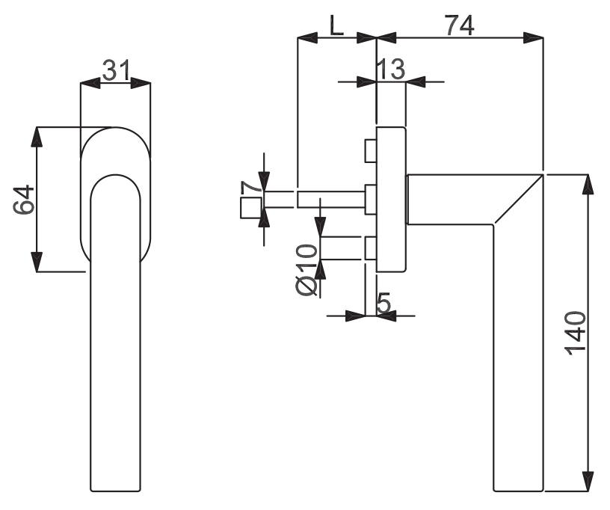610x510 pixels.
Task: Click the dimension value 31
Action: pyautogui.click(x=117, y=70)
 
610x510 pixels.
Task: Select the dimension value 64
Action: pyautogui.click(x=24, y=200)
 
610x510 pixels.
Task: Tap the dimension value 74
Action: pyautogui.click(x=460, y=25)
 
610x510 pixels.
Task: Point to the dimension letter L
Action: pyautogui.click(x=337, y=25)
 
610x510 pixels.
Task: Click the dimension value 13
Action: pyautogui.click(x=391, y=70)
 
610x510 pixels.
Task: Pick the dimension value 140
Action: pyautogui.click(x=576, y=333)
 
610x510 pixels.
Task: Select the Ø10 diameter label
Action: pyautogui.click(x=306, y=270)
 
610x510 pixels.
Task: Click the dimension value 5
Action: pyautogui.click(x=384, y=303)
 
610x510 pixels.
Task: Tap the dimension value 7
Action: pyautogui.click(x=252, y=188)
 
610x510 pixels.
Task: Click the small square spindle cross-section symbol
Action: pyautogui.click(x=251, y=208)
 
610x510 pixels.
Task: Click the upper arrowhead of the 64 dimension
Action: pyautogui.click(x=37, y=137)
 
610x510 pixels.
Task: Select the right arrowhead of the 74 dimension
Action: pyautogui.click(x=533, y=38)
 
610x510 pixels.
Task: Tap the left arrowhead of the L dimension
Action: pyautogui.click(x=307, y=38)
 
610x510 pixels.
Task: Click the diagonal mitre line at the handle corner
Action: pyautogui.click(x=518, y=200)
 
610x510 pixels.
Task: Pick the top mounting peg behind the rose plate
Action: pyautogui.click(x=370, y=151)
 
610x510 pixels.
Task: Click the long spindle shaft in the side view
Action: pyautogui.click(x=331, y=200)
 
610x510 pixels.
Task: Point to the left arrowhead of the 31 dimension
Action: pyautogui.click(x=90, y=83)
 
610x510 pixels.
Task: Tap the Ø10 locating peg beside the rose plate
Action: pyautogui.click(x=370, y=248)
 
